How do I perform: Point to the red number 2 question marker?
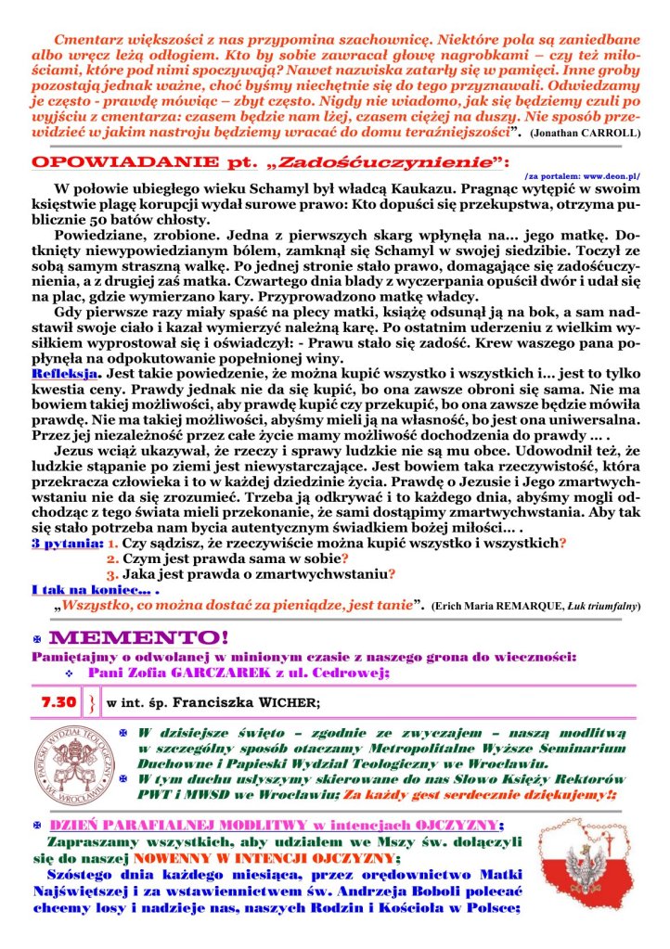pyautogui.click(x=112, y=558)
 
